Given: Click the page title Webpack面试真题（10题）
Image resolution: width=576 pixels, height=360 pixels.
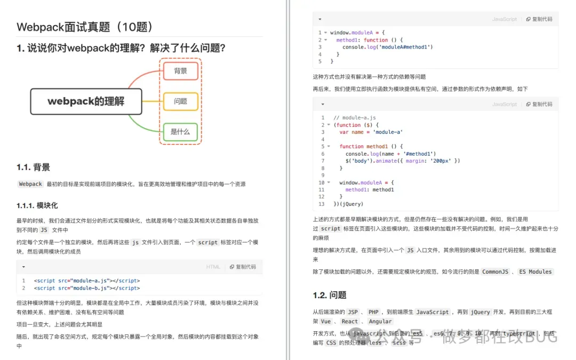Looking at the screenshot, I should point(85,27).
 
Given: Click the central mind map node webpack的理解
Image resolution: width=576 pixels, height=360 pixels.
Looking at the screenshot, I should point(86,101).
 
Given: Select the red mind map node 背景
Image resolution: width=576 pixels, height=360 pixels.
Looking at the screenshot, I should point(180,71).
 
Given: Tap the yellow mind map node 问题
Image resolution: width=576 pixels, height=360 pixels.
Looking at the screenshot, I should point(180,101).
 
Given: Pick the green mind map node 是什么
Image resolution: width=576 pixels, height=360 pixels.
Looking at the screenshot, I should point(180,131).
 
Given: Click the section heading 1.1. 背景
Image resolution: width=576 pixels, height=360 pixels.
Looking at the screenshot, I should point(34,167).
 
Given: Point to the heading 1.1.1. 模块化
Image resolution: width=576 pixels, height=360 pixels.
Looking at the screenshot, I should point(37,205).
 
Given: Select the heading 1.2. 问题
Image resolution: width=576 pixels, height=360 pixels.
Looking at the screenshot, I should point(330,295).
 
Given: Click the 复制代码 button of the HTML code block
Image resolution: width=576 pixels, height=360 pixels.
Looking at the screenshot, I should point(243,267).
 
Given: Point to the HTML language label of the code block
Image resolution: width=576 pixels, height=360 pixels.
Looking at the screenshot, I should point(213,267).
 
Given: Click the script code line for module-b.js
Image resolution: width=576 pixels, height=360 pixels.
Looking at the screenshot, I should point(87,288).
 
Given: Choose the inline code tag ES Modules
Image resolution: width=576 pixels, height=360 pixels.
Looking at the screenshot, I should point(535,271).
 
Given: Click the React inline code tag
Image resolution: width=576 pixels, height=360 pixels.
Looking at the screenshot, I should point(350,322).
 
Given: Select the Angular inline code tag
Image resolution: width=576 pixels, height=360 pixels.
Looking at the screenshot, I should point(380,322).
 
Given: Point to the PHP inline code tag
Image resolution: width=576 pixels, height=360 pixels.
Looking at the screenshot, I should point(373,312).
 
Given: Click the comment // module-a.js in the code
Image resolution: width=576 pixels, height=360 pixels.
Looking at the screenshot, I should point(355,117).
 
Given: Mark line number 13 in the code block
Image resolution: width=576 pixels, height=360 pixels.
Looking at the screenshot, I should point(321,204).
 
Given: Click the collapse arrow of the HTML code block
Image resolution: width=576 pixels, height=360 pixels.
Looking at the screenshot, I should point(23,267).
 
